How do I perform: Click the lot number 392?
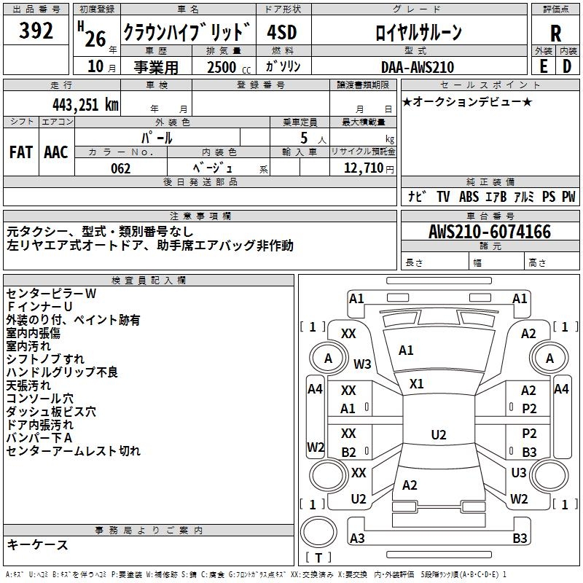pyautogui.click(x=36, y=31)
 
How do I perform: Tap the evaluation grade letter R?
pyautogui.click(x=555, y=34)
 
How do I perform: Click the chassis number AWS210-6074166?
pyautogui.click(x=490, y=232)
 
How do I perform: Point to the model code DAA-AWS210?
pyautogui.click(x=418, y=67)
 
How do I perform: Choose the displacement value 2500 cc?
pyautogui.click(x=225, y=67)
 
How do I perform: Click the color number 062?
pyautogui.click(x=120, y=168)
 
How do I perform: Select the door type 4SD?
pyautogui.click(x=282, y=32)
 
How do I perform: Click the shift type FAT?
pyautogui.click(x=21, y=152)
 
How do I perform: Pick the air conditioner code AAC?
pyautogui.click(x=56, y=152)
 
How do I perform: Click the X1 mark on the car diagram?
pyautogui.click(x=417, y=383)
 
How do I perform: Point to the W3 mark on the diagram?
pyautogui.click(x=362, y=364)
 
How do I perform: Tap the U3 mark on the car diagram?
pyautogui.click(x=519, y=473)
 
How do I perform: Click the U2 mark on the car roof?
pyautogui.click(x=438, y=435)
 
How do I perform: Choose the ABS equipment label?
pyautogui.click(x=469, y=197)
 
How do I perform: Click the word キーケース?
pyautogui.click(x=37, y=544)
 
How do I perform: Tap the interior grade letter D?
pyautogui.click(x=566, y=66)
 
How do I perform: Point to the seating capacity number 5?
pyautogui.click(x=301, y=138)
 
